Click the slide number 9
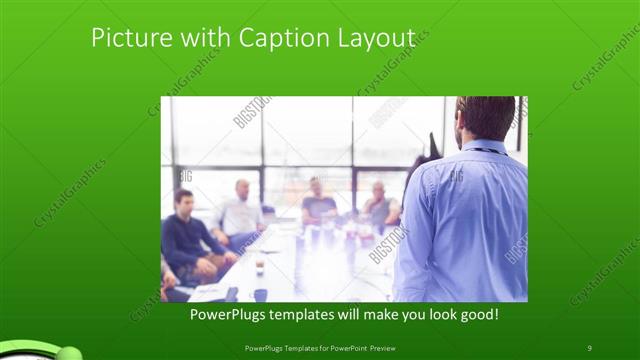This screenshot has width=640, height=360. click(x=589, y=347)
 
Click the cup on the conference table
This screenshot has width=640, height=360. click(x=260, y=267)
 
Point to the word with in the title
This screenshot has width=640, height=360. click(x=206, y=38)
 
